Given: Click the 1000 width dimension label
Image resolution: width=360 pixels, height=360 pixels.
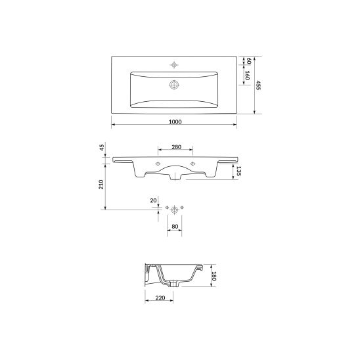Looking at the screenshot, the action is click(175, 122).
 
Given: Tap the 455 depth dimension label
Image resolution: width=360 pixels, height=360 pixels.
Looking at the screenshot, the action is click(259, 85).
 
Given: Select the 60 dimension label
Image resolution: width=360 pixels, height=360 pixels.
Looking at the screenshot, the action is click(248, 61).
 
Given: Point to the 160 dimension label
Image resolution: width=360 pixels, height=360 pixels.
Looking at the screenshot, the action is click(247, 76).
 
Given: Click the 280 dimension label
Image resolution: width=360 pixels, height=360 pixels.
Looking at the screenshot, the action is click(176, 147).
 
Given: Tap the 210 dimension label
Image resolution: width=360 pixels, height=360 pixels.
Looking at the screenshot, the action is click(101, 185).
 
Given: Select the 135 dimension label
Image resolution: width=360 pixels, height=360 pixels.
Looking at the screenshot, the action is click(238, 171).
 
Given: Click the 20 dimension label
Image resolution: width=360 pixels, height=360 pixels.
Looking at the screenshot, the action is click(153, 200).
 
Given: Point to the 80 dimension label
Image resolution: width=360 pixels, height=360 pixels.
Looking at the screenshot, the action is click(175, 227).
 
